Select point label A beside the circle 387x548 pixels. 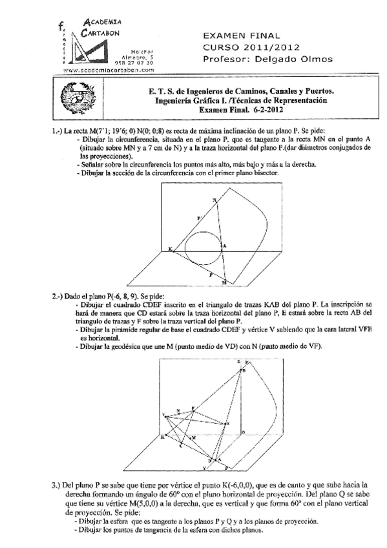[x=224, y=246]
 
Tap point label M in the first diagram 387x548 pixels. [x=224, y=283]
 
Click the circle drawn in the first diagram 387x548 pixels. [x=202, y=246]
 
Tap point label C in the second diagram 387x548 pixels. [x=180, y=446]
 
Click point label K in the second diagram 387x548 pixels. [x=162, y=437]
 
